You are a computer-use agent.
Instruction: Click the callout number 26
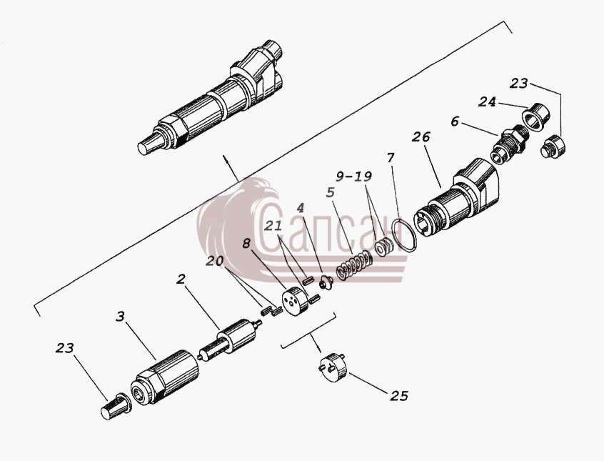click(421, 137)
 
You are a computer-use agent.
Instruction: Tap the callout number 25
click(399, 396)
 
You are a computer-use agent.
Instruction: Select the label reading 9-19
click(353, 177)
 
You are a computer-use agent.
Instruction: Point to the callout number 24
click(488, 101)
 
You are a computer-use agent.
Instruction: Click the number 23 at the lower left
click(64, 348)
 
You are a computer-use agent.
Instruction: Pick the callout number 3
click(121, 317)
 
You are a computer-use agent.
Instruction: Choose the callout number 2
click(181, 279)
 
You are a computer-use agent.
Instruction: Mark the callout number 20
click(214, 261)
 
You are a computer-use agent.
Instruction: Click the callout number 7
click(391, 158)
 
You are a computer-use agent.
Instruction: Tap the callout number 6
click(455, 122)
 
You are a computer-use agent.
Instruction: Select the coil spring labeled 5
click(354, 266)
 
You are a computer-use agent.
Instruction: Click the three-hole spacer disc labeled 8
click(295, 300)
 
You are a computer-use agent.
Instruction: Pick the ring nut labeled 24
click(537, 115)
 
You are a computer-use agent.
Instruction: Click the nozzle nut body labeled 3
click(165, 377)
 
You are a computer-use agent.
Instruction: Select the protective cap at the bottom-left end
click(116, 406)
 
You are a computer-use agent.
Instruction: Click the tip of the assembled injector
click(142, 149)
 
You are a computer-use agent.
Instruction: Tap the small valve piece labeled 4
click(326, 283)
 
